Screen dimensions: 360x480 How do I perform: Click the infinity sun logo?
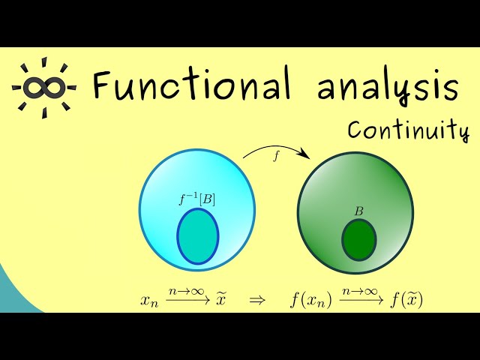click(42, 86)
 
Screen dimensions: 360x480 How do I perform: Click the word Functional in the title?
click(191, 87)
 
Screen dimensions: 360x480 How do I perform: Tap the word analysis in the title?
click(387, 88)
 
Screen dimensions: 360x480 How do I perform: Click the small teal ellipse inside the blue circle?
click(198, 236)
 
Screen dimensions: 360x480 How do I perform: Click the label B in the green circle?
click(358, 211)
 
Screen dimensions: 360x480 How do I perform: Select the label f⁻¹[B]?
click(197, 199)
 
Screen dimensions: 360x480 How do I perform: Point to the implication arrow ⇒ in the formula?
click(257, 301)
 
